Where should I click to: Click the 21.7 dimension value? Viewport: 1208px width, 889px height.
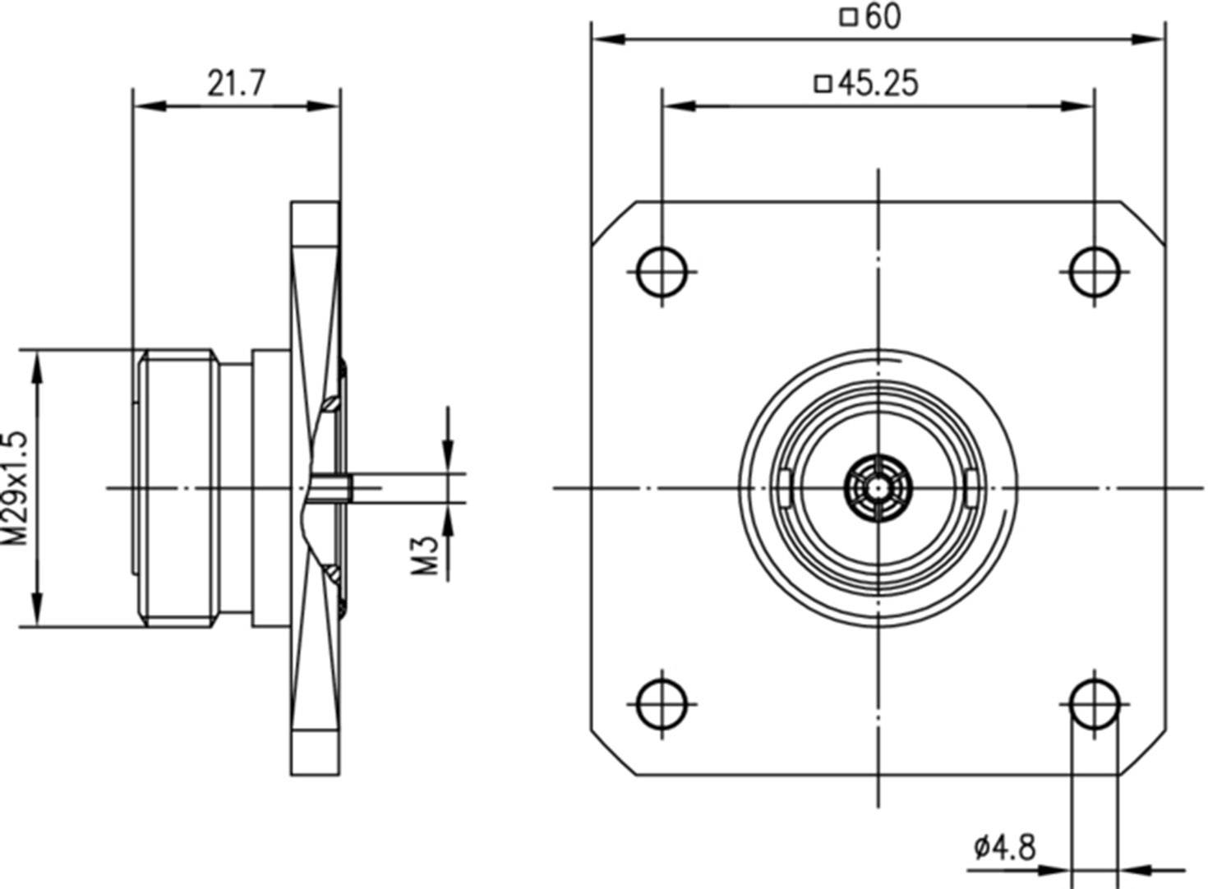pyautogui.click(x=236, y=82)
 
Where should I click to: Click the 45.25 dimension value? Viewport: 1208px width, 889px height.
pyautogui.click(x=878, y=83)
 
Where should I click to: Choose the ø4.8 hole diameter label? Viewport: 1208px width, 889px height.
pyautogui.click(x=1004, y=846)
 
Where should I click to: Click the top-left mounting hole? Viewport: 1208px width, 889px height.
pyautogui.click(x=662, y=270)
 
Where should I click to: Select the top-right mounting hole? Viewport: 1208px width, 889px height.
pyautogui.click(x=1095, y=270)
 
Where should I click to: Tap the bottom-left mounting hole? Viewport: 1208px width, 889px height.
pyautogui.click(x=662, y=703)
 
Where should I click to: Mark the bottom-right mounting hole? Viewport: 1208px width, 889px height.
pyautogui.click(x=1095, y=703)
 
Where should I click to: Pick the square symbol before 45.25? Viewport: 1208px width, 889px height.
pyautogui.click(x=823, y=83)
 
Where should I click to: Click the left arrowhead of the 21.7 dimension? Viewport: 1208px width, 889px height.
pyautogui.click(x=145, y=106)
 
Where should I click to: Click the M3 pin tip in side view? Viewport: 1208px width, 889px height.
pyautogui.click(x=348, y=488)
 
